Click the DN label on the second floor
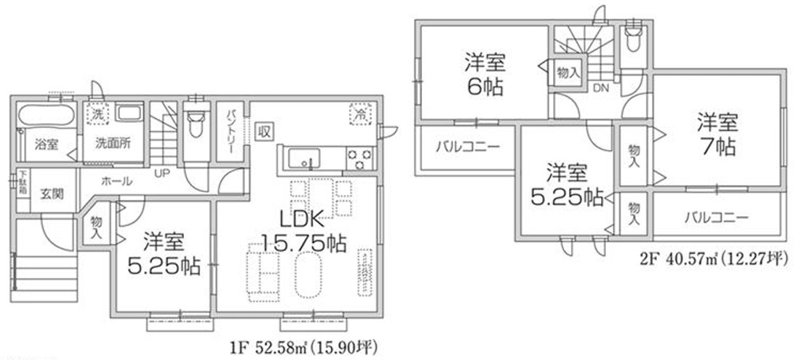tap(600, 89)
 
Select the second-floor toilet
tap(633, 41)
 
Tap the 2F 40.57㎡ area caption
tap(713, 257)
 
